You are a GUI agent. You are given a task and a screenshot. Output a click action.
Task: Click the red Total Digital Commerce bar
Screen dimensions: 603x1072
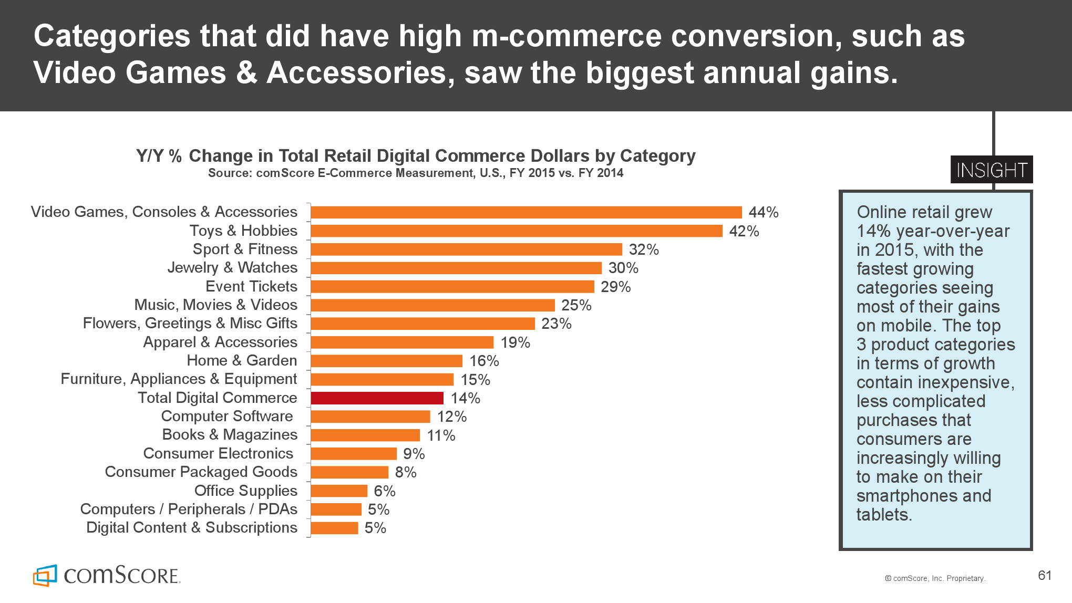(377, 398)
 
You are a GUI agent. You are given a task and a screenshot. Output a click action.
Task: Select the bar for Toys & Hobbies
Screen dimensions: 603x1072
(517, 231)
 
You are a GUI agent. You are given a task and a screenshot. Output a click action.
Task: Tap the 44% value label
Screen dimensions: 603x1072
(763, 212)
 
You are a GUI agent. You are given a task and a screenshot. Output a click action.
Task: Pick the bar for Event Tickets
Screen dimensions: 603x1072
(452, 287)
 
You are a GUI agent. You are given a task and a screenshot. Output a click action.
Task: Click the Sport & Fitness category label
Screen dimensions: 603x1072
(245, 249)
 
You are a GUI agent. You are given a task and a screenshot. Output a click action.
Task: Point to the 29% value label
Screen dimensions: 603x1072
(615, 287)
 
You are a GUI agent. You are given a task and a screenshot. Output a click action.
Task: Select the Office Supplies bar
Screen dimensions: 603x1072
(339, 491)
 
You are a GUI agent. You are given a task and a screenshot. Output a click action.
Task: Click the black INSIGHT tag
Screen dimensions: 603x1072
(991, 170)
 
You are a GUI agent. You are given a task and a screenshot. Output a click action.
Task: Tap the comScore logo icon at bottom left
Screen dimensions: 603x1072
(45, 576)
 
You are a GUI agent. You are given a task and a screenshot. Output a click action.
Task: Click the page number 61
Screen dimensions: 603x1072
(1045, 576)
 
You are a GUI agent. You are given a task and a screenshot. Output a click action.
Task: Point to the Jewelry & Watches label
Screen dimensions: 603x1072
(232, 268)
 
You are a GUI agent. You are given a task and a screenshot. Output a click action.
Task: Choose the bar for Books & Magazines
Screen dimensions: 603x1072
(365, 435)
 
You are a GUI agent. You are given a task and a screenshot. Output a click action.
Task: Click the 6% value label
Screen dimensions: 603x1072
(384, 491)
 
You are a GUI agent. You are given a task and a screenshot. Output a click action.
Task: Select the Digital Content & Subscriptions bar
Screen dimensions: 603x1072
(334, 528)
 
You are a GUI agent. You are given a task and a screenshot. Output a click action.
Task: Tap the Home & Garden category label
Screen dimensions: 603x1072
(242, 361)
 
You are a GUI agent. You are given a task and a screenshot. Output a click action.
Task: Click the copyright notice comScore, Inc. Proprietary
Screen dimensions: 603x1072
(935, 578)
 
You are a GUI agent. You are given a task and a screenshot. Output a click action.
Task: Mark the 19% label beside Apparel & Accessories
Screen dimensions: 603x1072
(515, 342)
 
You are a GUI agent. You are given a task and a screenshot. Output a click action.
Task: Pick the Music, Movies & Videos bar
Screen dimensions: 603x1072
(432, 305)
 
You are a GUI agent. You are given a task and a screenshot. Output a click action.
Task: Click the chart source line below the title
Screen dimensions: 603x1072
(415, 173)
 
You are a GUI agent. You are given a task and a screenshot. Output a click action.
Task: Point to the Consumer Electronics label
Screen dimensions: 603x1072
(218, 454)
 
